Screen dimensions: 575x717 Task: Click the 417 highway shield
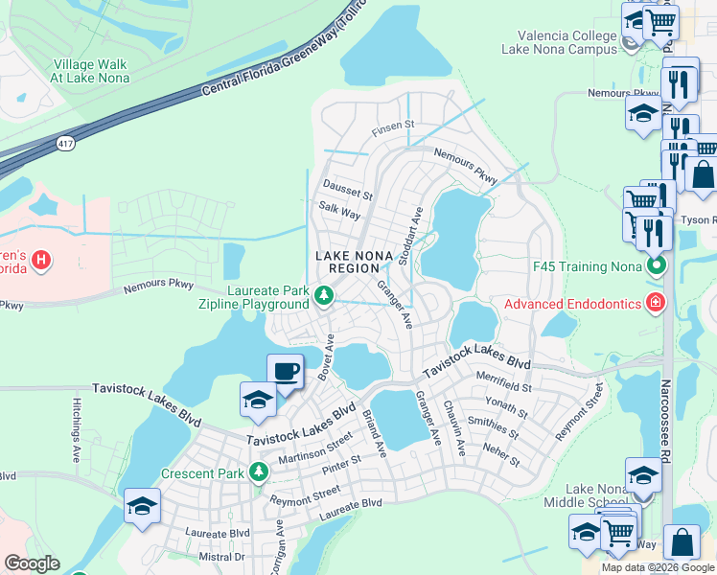64,143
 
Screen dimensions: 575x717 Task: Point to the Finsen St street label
392,125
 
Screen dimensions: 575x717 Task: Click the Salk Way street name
339,215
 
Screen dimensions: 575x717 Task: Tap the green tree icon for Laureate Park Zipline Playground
324,303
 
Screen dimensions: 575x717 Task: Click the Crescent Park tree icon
257,471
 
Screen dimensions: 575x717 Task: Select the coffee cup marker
286,371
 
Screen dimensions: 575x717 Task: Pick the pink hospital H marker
41,259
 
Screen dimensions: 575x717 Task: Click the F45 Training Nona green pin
656,263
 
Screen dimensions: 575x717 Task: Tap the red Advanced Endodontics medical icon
656,304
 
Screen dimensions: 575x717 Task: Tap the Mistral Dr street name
221,557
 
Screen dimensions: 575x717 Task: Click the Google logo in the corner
32,563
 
